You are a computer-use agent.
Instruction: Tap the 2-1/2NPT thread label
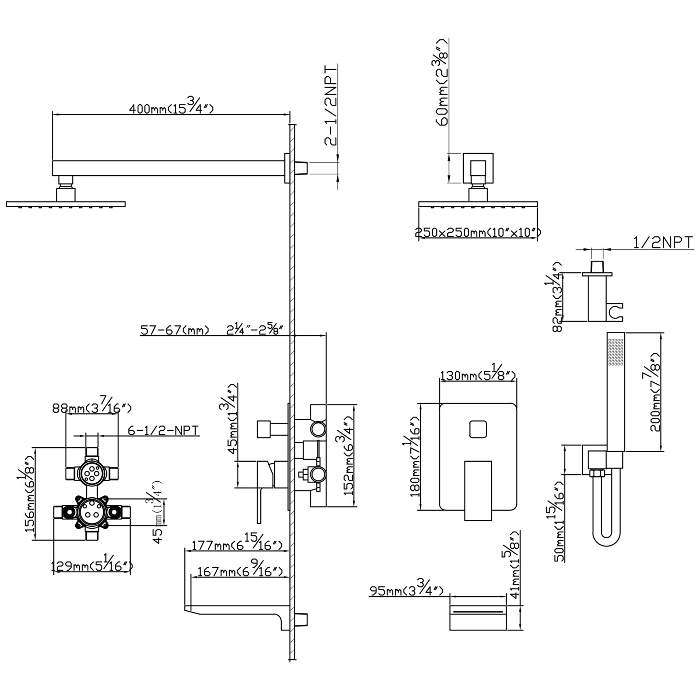click(331, 105)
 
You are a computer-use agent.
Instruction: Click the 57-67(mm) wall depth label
click(175, 330)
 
